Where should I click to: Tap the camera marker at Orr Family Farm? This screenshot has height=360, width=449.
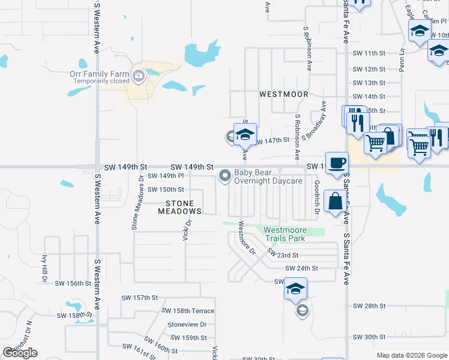coord(139,76)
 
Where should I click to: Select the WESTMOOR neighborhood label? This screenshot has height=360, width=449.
coord(283,95)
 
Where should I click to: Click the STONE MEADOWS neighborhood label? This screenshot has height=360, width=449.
coord(179,207)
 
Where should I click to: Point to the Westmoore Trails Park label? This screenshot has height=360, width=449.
coord(285,234)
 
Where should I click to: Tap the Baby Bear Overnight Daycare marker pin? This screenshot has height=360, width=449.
coord(225,176)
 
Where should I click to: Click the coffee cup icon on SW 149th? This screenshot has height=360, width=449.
coord(337,161)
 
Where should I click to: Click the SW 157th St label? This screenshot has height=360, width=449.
coord(139,298)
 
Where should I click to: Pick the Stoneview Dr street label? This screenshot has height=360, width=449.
coord(187,324)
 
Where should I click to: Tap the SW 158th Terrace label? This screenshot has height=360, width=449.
coord(188,311)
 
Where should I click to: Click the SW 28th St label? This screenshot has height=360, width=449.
coord(369,306)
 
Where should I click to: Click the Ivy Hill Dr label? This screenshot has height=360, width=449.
coord(44,268)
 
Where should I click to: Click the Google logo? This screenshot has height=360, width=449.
coord(20,352)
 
